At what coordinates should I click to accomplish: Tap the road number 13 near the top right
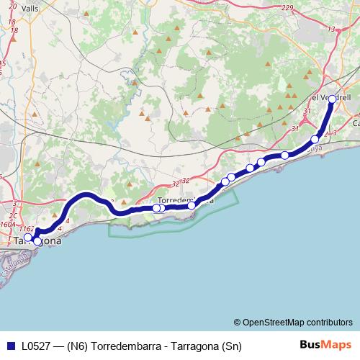coord(331,29)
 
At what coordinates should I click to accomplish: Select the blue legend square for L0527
coord(9,346)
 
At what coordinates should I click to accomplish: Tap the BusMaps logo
coord(326,346)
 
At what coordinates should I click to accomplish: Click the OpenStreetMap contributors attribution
coord(297,322)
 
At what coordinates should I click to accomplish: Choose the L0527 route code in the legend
coord(36,346)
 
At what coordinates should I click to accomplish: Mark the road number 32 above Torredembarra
coord(185,181)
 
